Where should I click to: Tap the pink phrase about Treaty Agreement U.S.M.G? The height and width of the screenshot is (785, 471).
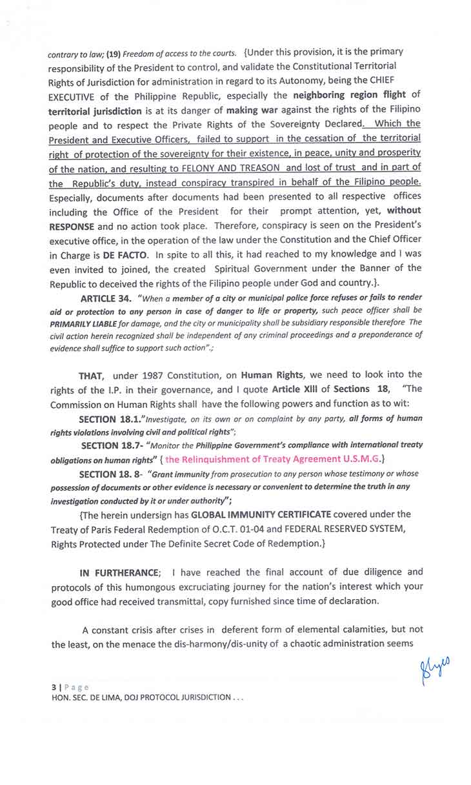pyautogui.click(x=275, y=459)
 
